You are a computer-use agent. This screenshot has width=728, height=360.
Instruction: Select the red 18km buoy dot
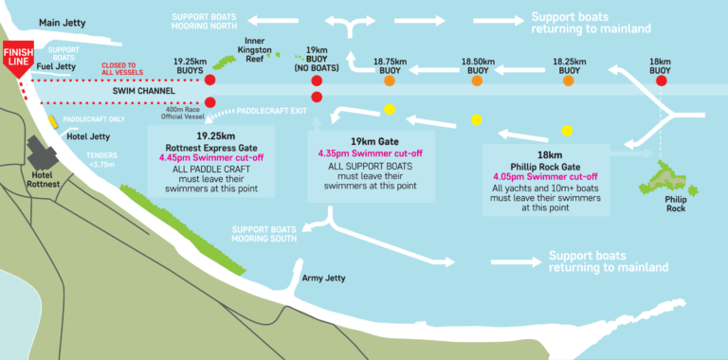[x=662, y=81]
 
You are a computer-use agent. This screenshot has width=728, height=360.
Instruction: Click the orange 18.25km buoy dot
[x=568, y=82]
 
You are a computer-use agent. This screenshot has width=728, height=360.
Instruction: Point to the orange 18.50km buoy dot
[x=476, y=82]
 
